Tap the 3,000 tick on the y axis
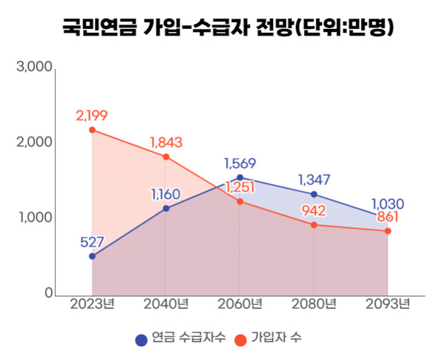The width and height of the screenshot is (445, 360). (x=34, y=67)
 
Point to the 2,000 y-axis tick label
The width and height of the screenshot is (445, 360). (x=34, y=143)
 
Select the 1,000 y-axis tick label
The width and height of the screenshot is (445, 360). (x=34, y=218)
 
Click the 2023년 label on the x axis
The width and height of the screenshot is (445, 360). (x=92, y=304)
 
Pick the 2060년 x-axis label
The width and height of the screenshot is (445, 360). (x=240, y=304)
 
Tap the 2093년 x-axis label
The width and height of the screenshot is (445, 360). (x=387, y=304)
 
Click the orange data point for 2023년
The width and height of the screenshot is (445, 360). (x=92, y=130)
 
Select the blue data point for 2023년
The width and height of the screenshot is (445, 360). (x=92, y=256)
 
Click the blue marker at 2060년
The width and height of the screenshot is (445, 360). (x=240, y=178)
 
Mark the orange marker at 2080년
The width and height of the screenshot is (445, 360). (x=314, y=225)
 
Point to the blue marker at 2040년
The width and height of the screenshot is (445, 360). (x=166, y=209)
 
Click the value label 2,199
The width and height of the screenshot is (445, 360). (x=92, y=115)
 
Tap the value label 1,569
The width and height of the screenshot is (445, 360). (x=240, y=163)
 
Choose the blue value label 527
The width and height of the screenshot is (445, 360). (x=92, y=241)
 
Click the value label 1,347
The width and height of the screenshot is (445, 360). (x=314, y=180)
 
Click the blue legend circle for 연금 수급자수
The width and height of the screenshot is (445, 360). (x=140, y=339)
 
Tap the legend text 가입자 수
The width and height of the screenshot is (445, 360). (x=277, y=338)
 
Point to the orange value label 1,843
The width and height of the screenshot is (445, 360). (x=165, y=142)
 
